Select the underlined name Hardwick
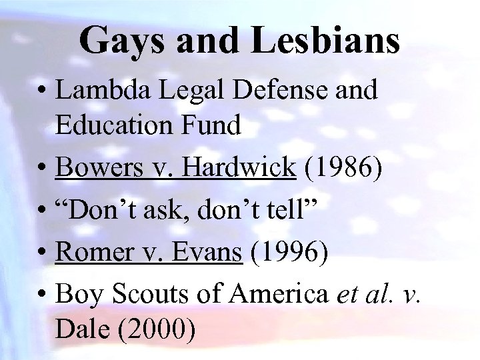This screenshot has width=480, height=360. click(x=238, y=168)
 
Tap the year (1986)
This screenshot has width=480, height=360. click(x=343, y=168)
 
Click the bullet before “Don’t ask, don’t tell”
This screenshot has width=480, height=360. click(x=43, y=211)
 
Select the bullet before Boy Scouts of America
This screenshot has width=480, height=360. click(x=43, y=295)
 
